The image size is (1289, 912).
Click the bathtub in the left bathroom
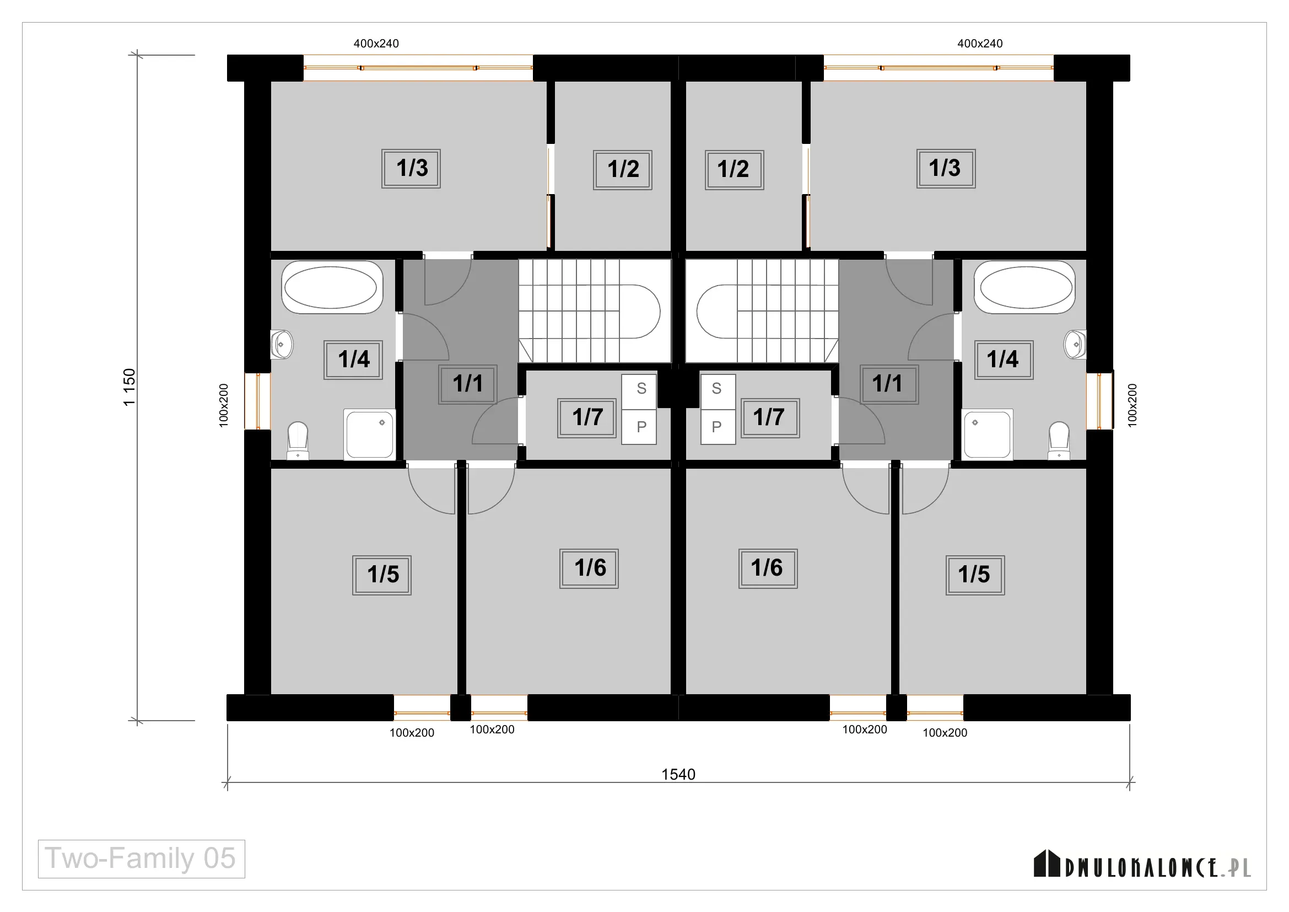tap(332, 287)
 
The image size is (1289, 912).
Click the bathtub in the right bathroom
tap(1025, 287)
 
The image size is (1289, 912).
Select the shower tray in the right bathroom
tap(988, 434)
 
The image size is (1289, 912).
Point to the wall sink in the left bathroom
tap(282, 344)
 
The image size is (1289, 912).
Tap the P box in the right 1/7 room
tap(718, 427)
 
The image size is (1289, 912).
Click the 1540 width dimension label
tap(678, 774)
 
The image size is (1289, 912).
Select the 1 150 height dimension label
tap(130, 388)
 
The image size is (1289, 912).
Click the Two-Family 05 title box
tap(142, 859)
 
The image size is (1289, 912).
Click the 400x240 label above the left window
tap(376, 43)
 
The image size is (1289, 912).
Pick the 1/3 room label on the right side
tap(946, 169)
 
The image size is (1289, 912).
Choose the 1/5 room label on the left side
tap(382, 575)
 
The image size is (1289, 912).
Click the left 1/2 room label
tap(623, 170)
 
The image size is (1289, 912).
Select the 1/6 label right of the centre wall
tap(768, 568)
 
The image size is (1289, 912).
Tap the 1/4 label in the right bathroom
tap(1004, 360)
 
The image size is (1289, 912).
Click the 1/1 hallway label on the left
tap(468, 384)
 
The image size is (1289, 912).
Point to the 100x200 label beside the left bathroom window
tap(223, 405)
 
